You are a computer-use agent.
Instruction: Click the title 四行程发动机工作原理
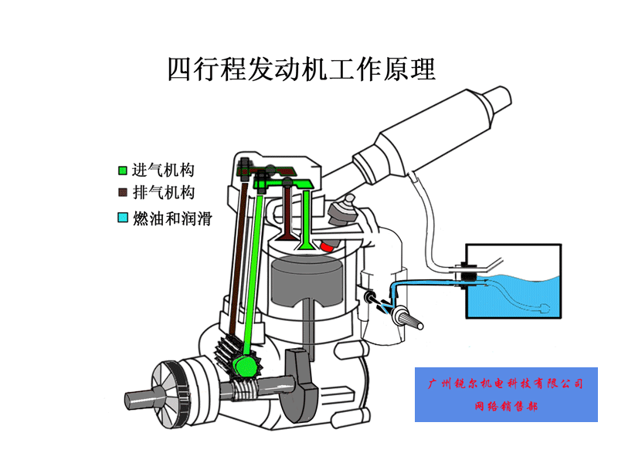(x=301, y=69)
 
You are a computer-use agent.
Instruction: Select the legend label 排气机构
(x=162, y=192)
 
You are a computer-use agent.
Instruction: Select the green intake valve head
(x=307, y=245)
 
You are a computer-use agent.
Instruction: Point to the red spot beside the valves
(x=330, y=246)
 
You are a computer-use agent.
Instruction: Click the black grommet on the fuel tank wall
(x=468, y=276)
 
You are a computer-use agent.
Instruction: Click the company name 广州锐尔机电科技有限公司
(x=506, y=384)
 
